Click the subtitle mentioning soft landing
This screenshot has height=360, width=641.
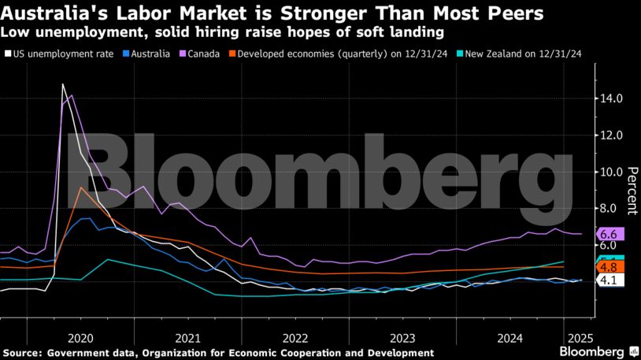pyautogui.click(x=223, y=33)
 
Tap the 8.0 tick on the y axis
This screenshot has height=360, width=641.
pyautogui.click(x=610, y=209)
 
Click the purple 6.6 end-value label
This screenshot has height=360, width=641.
pyautogui.click(x=610, y=234)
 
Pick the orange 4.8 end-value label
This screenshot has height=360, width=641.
pyautogui.click(x=610, y=268)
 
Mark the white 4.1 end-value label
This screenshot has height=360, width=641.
pyautogui.click(x=610, y=279)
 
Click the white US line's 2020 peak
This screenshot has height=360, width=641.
pyautogui.click(x=63, y=84)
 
